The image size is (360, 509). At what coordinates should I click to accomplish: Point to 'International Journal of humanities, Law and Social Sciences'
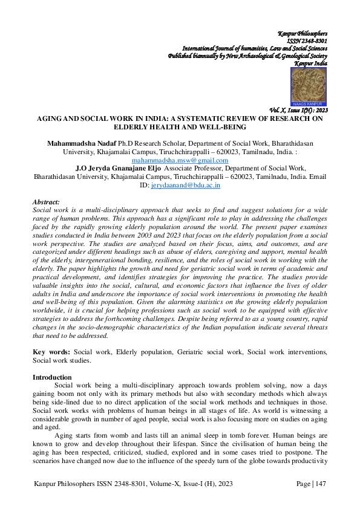click(255, 48)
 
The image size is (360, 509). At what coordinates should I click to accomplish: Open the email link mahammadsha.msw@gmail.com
click(180, 160)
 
